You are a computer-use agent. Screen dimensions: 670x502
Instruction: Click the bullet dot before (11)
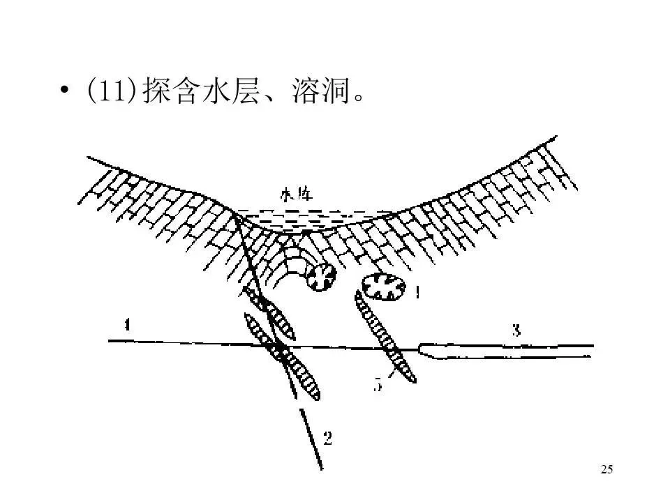pyautogui.click(x=65, y=91)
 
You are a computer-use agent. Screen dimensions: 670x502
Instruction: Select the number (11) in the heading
pyautogui.click(x=112, y=92)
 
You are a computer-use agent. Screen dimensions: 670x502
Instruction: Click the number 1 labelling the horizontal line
pyautogui.click(x=127, y=324)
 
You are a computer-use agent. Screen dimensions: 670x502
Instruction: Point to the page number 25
pyautogui.click(x=606, y=470)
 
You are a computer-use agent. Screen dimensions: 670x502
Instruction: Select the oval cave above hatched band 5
pyautogui.click(x=384, y=288)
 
